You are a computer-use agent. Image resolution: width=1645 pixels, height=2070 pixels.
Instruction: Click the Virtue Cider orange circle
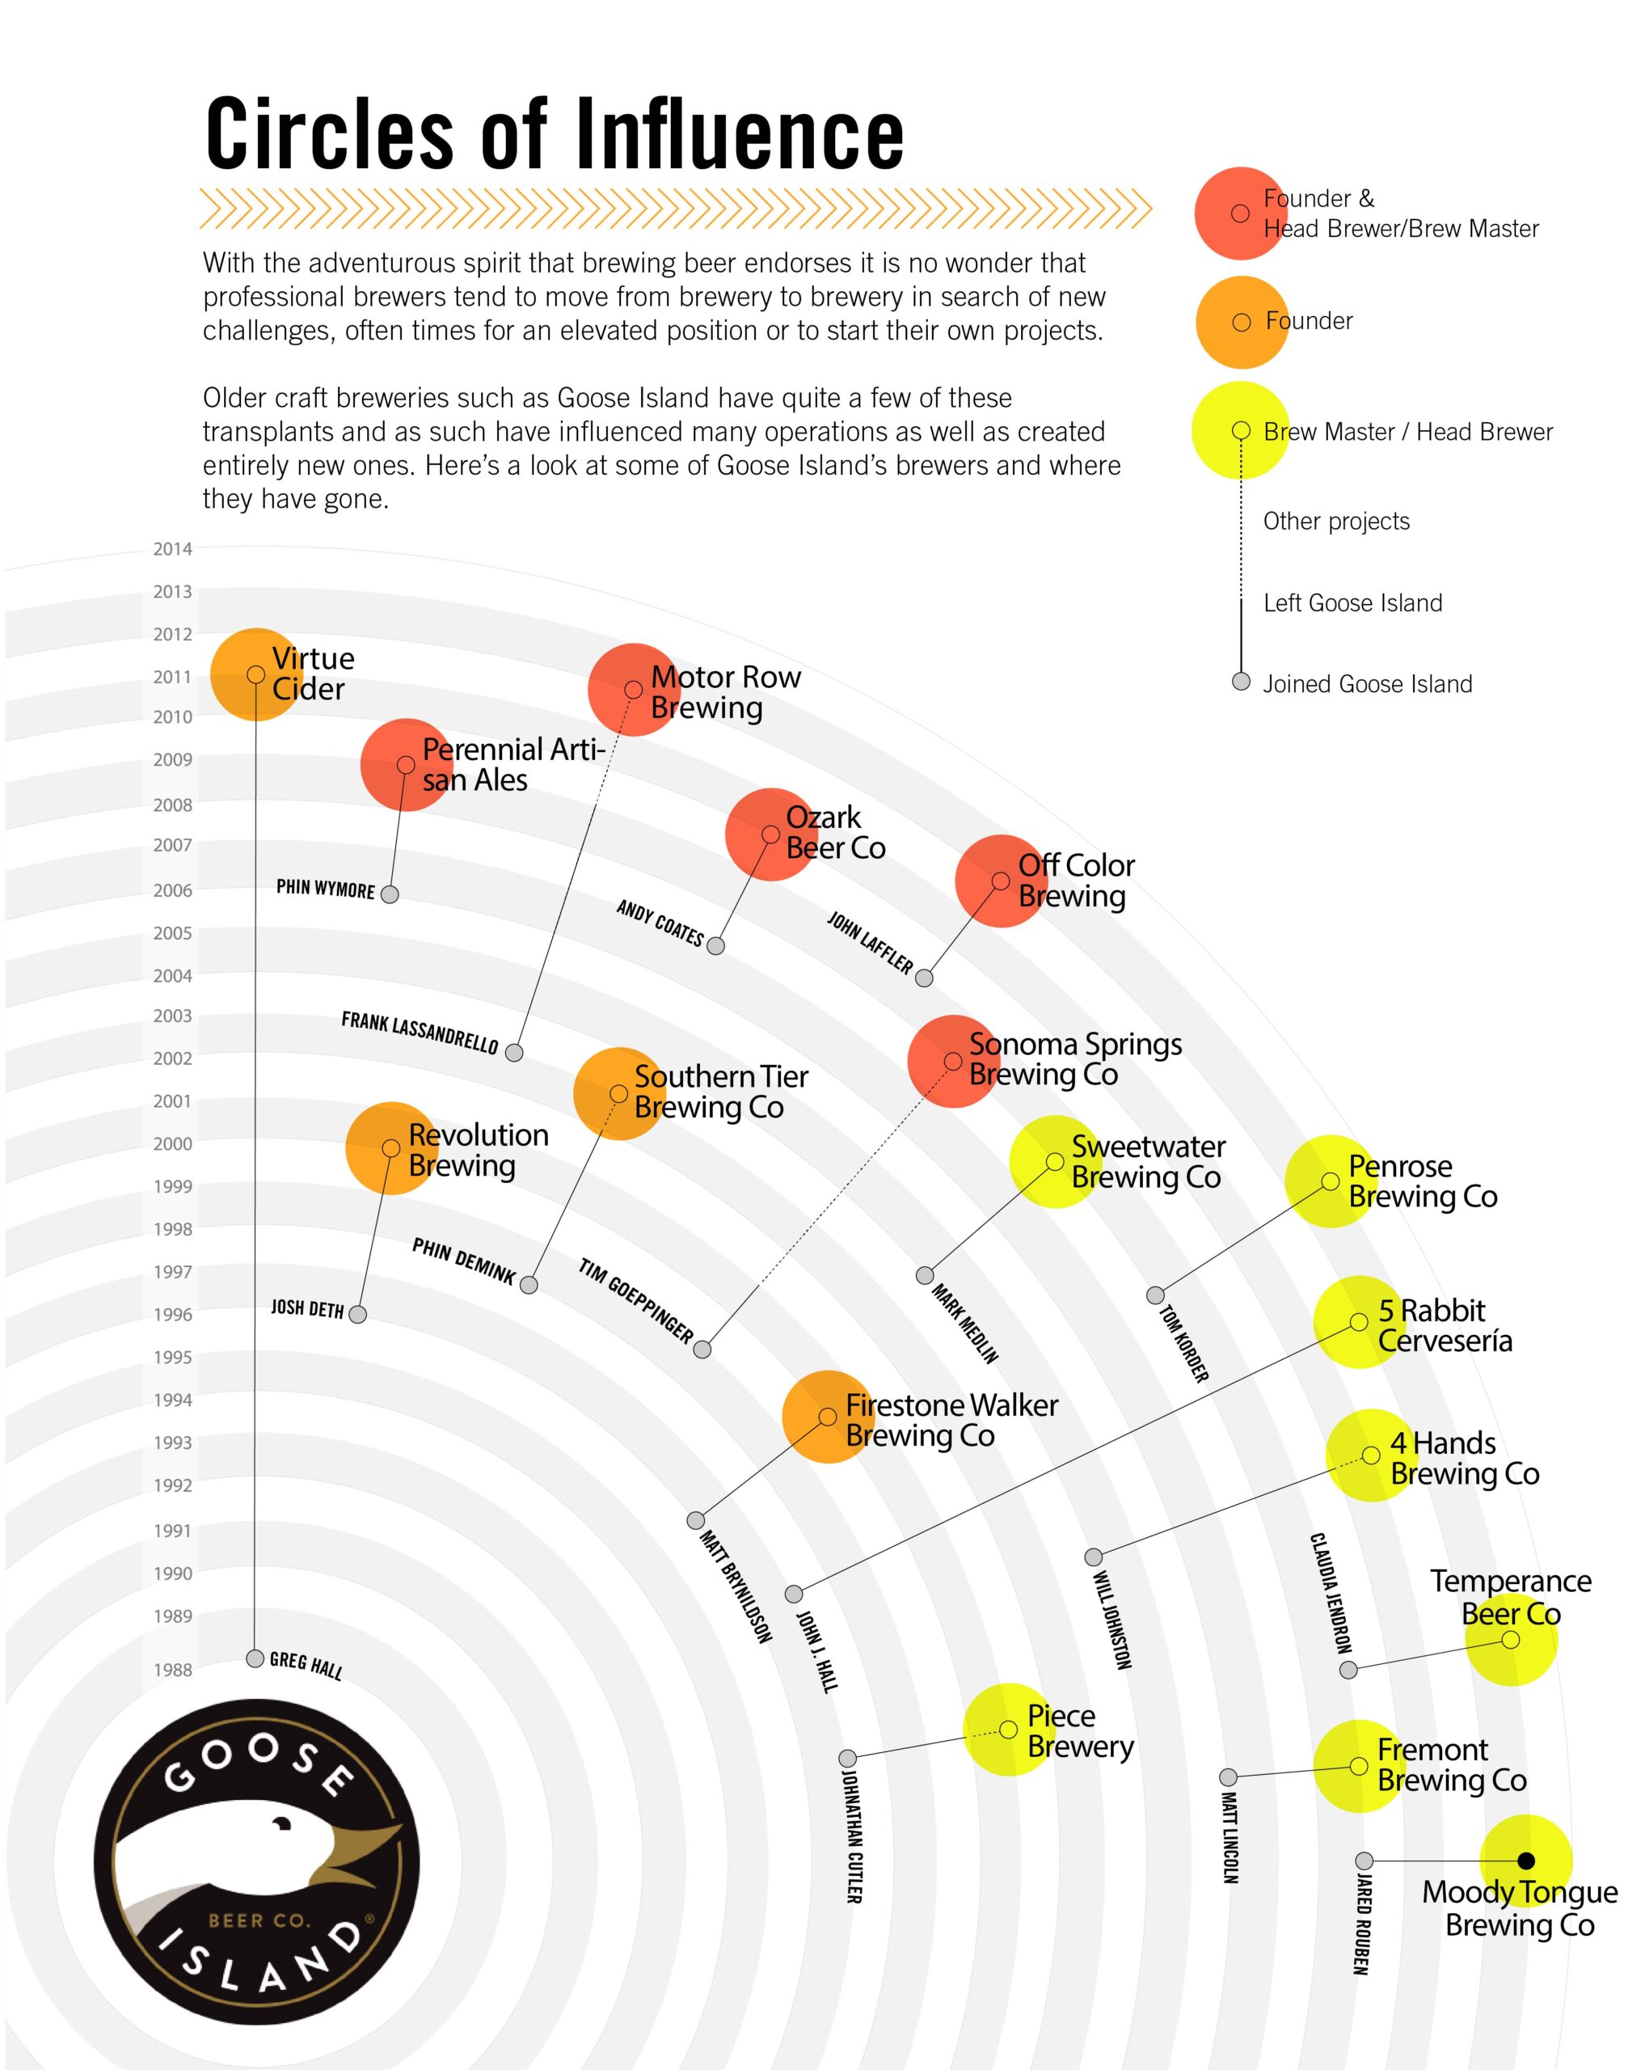pyautogui.click(x=255, y=674)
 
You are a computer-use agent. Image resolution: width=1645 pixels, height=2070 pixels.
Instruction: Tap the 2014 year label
pyautogui.click(x=173, y=549)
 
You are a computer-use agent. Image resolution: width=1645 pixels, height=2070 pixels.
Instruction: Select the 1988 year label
pyautogui.click(x=173, y=1670)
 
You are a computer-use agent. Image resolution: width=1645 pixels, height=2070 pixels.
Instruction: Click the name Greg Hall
pyautogui.click(x=306, y=1665)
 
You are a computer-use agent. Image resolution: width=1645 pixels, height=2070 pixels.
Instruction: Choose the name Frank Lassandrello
pyautogui.click(x=420, y=1032)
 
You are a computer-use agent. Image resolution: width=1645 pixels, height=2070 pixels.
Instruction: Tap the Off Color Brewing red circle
pyautogui.click(x=1000, y=881)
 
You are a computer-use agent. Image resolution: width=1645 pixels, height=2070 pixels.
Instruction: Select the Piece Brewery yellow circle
pyautogui.click(x=1009, y=1729)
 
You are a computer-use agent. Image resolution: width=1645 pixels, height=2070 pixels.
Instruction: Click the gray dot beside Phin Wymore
pyautogui.click(x=390, y=893)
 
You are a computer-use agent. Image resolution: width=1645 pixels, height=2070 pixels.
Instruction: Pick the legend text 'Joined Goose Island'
pyautogui.click(x=1367, y=683)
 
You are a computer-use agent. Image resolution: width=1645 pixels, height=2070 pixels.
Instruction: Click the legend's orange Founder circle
pyautogui.click(x=1241, y=323)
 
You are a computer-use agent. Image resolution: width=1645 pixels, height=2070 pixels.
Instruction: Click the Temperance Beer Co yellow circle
pyautogui.click(x=1511, y=1640)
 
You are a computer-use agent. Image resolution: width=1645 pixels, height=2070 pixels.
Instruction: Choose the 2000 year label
pyautogui.click(x=173, y=1143)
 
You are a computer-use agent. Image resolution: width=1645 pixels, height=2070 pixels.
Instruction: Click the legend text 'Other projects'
pyautogui.click(x=1336, y=522)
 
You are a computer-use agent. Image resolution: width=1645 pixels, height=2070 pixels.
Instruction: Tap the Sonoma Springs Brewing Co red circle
pyautogui.click(x=952, y=1061)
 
